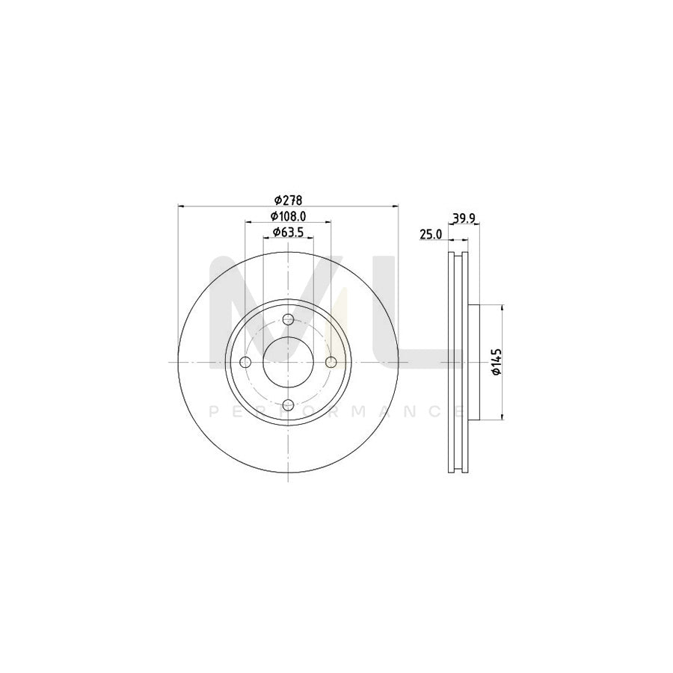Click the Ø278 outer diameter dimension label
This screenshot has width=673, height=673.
pyautogui.click(x=288, y=200)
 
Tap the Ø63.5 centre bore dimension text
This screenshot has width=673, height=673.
pyautogui.click(x=288, y=232)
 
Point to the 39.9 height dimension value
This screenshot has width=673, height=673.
pyautogui.click(x=464, y=218)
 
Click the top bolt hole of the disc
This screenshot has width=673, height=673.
pyautogui.click(x=289, y=320)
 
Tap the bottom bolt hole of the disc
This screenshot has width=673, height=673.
pyautogui.click(x=289, y=405)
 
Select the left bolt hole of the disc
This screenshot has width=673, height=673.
pyautogui.click(x=246, y=363)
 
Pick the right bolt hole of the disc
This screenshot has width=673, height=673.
pyautogui.click(x=331, y=363)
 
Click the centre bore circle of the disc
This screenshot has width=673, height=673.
pyautogui.click(x=289, y=363)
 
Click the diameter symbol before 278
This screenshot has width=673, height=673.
pyautogui.click(x=277, y=200)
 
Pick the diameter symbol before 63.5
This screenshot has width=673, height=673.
pyautogui.click(x=274, y=232)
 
